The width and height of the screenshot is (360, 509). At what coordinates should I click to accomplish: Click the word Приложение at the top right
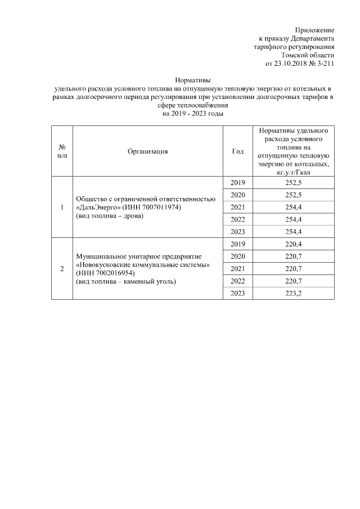coord(315,30)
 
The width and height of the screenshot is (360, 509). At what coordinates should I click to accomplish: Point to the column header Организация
coord(147,151)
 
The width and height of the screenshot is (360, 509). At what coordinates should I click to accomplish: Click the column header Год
coord(237,151)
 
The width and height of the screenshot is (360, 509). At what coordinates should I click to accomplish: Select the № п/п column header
coord(62,151)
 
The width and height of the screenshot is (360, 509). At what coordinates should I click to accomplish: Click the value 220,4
coord(293,244)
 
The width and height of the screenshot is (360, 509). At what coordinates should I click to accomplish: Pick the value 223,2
coord(293,293)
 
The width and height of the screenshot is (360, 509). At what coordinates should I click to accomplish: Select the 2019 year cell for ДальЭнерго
coord(237,183)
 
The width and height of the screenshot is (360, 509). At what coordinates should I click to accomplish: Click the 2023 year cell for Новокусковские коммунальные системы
coord(237,293)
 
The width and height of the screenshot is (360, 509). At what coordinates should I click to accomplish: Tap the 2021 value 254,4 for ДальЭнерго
coord(293,208)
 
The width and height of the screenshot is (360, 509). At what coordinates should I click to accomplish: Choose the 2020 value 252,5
coord(293,195)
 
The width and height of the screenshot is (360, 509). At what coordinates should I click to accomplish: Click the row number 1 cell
coord(62,208)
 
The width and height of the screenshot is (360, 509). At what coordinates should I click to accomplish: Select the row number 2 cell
coord(62,268)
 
